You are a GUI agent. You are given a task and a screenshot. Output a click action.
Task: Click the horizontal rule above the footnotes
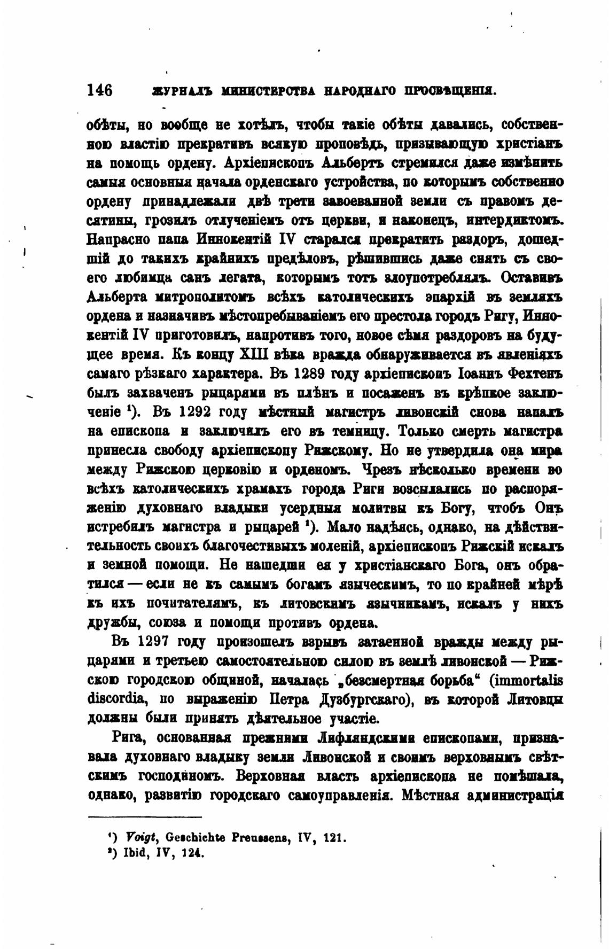[x=144, y=817]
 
